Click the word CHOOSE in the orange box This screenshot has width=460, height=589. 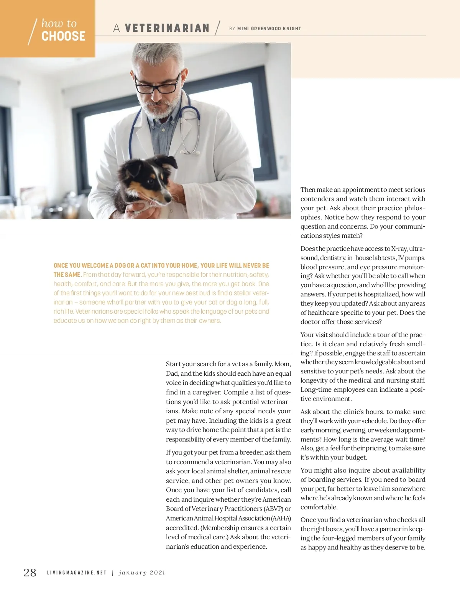[x=63, y=36]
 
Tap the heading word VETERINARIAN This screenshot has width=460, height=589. [x=167, y=28]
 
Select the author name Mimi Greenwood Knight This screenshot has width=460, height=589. [x=269, y=29]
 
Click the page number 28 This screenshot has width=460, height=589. [x=30, y=573]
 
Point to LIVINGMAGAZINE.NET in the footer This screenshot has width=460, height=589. [x=77, y=573]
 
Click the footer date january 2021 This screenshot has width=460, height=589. [x=142, y=573]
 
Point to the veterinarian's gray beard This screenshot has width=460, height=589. [x=161, y=109]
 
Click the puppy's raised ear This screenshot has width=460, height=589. [x=169, y=161]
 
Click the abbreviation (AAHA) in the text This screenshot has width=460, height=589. [x=281, y=518]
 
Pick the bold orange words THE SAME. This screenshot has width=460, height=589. [x=67, y=275]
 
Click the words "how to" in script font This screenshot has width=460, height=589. [x=59, y=24]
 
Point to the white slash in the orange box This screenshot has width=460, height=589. [x=32, y=32]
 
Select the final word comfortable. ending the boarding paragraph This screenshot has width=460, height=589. [x=319, y=507]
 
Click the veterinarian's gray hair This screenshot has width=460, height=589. [x=157, y=57]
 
